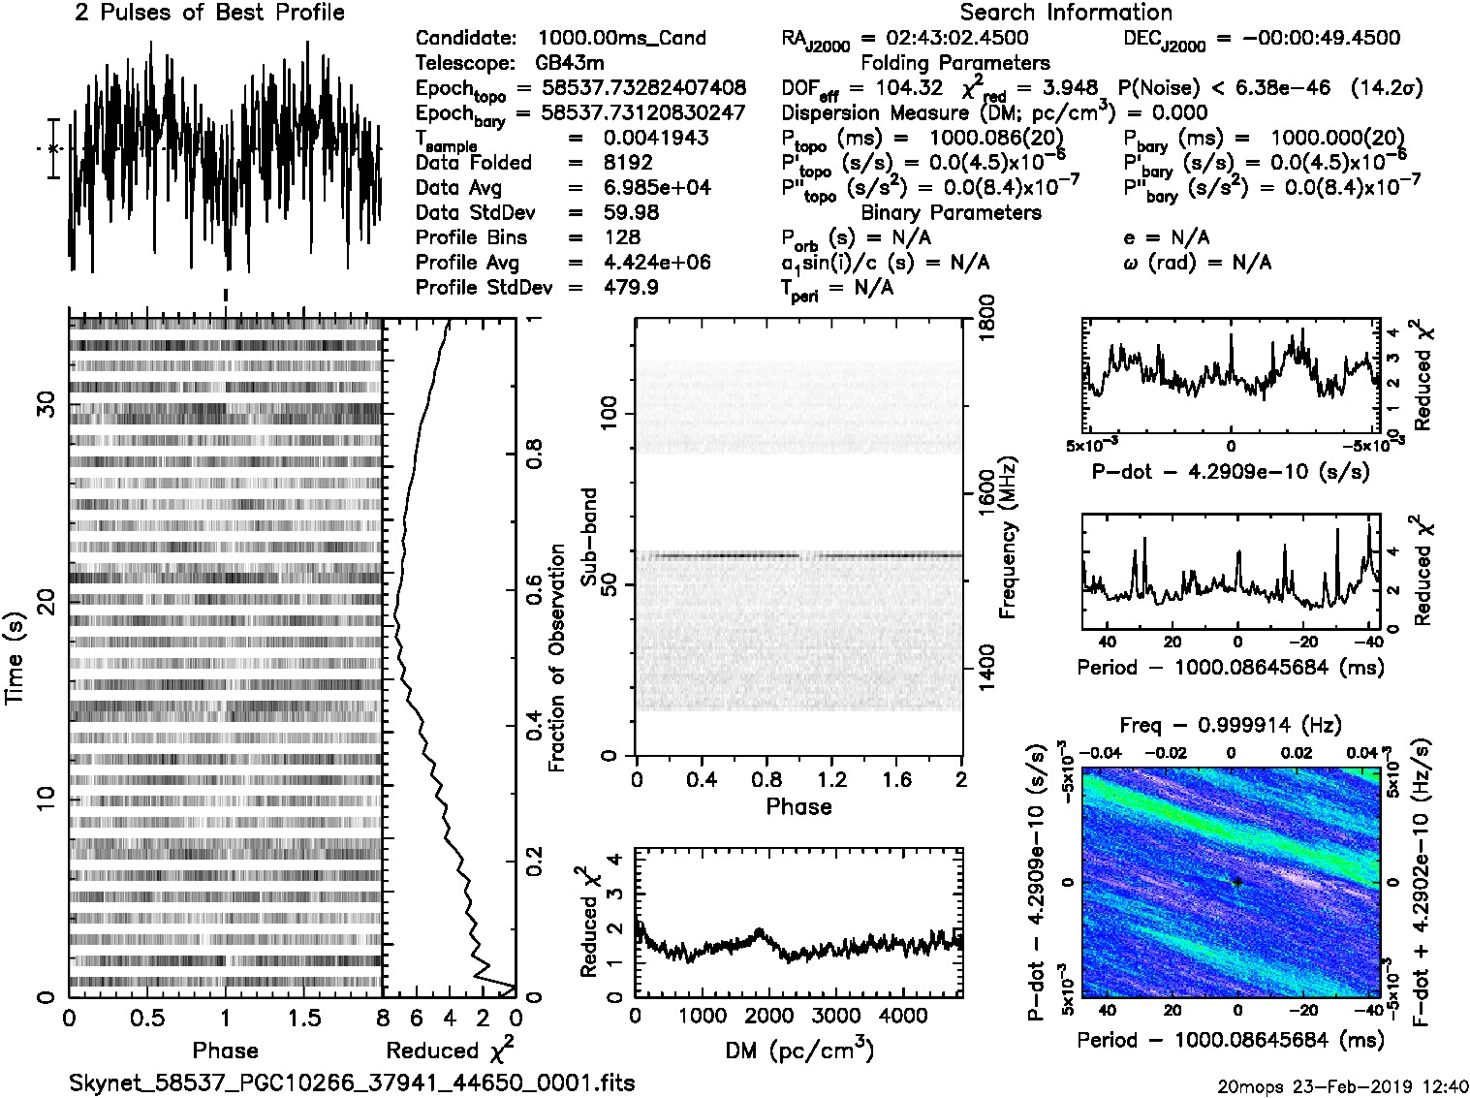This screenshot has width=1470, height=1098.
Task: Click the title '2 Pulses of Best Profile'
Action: (209, 13)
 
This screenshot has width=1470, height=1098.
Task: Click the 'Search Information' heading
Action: (1065, 13)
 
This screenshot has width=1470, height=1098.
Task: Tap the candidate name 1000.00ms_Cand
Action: (621, 38)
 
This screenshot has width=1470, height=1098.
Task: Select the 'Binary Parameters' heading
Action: (951, 212)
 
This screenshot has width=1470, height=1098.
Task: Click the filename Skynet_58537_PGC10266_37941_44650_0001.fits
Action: (352, 1082)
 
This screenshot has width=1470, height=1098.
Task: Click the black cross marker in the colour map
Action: (1237, 882)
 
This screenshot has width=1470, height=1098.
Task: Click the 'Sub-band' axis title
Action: (589, 536)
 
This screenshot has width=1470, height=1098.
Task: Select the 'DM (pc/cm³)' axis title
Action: (798, 1050)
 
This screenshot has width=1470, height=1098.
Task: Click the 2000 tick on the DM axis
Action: (768, 1016)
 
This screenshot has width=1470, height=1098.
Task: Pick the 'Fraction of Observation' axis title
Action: (557, 657)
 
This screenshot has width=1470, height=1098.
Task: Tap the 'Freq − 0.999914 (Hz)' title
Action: (1230, 725)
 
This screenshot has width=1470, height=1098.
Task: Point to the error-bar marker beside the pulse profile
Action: (53, 148)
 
